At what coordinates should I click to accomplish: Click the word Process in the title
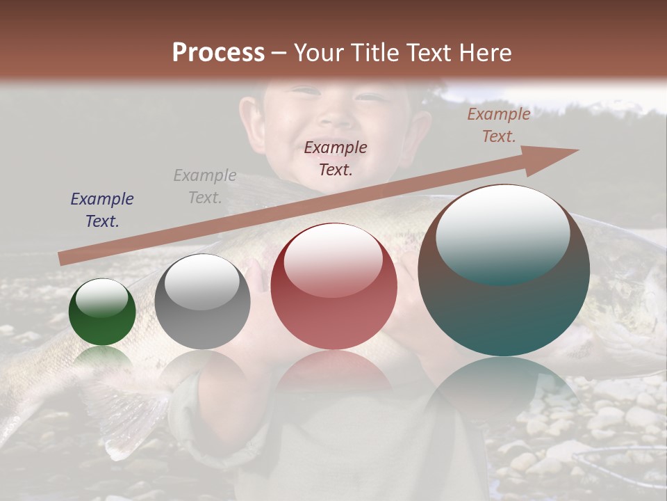coord(218,53)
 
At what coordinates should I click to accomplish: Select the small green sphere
coord(102,312)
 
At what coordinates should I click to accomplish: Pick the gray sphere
coord(202,302)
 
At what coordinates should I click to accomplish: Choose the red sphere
coord(333,287)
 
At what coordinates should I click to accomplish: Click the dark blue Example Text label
coord(102,210)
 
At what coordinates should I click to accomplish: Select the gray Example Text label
coord(205,186)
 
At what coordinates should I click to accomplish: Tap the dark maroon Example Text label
coord(336,159)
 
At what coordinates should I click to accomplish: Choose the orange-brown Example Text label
coord(499,125)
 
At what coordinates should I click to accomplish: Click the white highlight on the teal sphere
coord(502,234)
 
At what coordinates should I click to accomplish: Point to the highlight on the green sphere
coord(102,299)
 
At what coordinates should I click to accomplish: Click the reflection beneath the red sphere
coord(333,372)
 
